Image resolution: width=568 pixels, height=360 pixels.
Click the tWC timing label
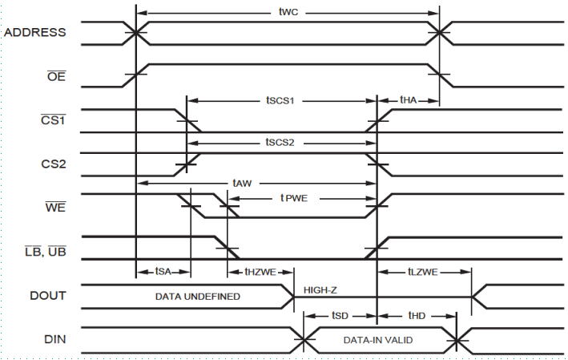coord(288,13)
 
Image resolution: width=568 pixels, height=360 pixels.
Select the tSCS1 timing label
coord(281,102)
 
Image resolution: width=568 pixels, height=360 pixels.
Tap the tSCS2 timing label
coord(281,142)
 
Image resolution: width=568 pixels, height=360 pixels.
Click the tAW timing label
coord(241,184)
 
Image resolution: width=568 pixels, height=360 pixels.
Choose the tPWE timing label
coord(295,196)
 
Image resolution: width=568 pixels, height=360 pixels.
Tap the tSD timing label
coord(339,316)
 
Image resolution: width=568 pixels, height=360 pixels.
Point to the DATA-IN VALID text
coord(378,340)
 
